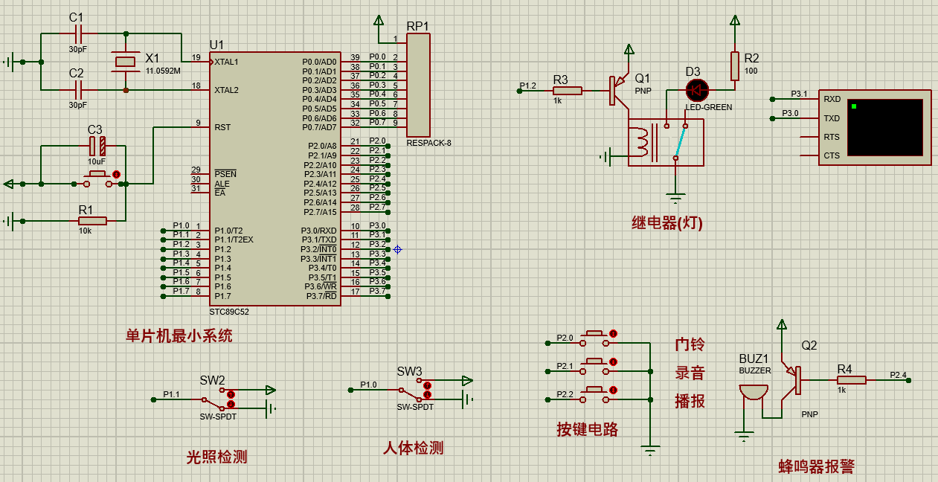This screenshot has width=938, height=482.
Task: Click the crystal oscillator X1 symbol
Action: point(125,62)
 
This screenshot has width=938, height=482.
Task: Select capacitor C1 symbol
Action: point(78,33)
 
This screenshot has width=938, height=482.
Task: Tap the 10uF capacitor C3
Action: point(97,146)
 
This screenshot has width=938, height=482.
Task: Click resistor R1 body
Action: point(92,221)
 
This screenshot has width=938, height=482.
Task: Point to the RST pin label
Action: point(222,127)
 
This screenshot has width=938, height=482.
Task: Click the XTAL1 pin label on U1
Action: point(226,62)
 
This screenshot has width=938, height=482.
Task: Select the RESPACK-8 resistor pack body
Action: point(418,85)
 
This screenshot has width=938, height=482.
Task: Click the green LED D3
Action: point(697,90)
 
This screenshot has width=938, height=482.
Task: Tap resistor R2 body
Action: point(734,66)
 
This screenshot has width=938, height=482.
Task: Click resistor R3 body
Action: point(568,91)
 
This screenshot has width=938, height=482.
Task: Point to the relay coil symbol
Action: point(642,142)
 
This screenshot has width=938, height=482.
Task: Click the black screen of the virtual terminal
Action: point(885,127)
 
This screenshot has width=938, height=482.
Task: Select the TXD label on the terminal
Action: point(832,118)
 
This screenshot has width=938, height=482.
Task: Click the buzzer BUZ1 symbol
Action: point(754,393)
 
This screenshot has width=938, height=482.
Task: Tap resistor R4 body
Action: point(851,380)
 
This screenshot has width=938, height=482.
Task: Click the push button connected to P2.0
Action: point(594,338)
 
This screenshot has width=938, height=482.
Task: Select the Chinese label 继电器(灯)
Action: point(666,223)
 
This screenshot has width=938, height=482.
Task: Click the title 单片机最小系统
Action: point(179,336)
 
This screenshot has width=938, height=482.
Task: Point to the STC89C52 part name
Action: point(229,312)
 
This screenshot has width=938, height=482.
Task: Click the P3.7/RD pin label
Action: point(321,296)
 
